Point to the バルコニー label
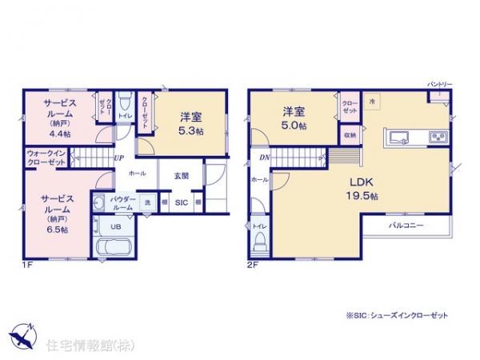point(406,226)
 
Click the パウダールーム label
point(121,202)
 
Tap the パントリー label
point(434,85)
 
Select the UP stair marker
point(118,158)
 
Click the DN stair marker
point(264,158)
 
